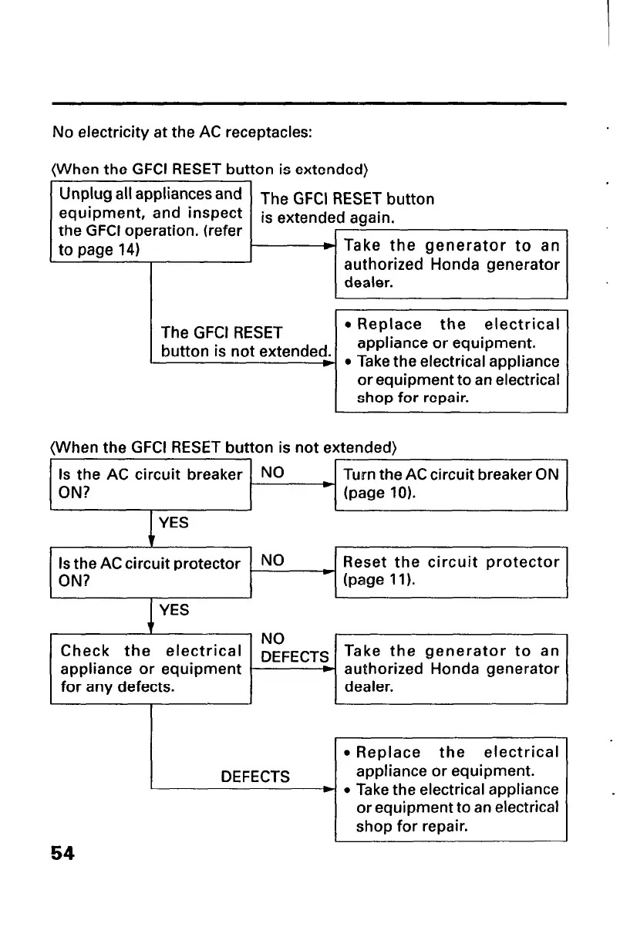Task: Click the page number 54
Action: pyautogui.click(x=62, y=854)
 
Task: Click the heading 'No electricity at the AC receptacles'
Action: pyautogui.click(x=182, y=132)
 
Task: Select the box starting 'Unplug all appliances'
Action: pyautogui.click(x=151, y=221)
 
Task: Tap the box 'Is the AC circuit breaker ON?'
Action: pyautogui.click(x=151, y=484)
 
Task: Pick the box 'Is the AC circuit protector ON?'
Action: pyautogui.click(x=151, y=572)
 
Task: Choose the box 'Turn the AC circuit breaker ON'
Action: pyautogui.click(x=451, y=484)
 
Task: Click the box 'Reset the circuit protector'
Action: pyautogui.click(x=451, y=571)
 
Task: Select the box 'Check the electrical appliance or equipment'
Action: pyautogui.click(x=151, y=668)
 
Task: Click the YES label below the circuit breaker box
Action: pyautogui.click(x=174, y=523)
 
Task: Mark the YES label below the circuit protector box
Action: pyautogui.click(x=174, y=611)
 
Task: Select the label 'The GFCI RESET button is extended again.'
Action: pyautogui.click(x=347, y=208)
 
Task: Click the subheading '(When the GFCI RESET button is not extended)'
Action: pyautogui.click(x=224, y=447)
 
